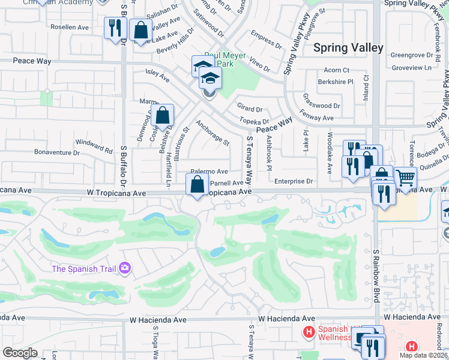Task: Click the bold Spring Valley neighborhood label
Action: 348,47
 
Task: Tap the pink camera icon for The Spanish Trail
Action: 125,268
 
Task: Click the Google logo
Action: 20,353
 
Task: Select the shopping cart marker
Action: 406,178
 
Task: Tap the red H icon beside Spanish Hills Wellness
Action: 309,332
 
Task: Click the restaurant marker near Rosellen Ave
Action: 113,28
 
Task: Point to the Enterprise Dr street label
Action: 294,181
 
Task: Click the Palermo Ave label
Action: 209,171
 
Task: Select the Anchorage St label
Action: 212,134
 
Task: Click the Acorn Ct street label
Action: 336,70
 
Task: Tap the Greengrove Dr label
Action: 412,55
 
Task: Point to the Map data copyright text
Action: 423,355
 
